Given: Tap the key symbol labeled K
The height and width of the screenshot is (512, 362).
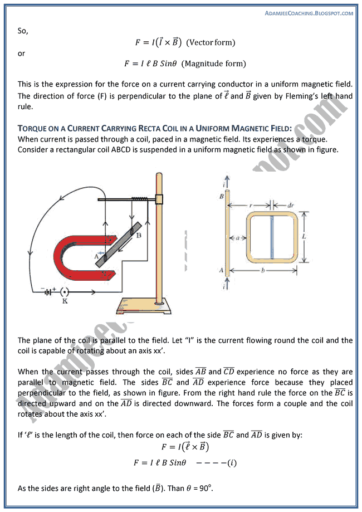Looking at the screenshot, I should coord(65,291).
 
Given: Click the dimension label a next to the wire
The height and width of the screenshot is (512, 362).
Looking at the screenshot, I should coord(237,238).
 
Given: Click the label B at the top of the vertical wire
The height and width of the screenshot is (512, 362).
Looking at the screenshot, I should coord(221,196).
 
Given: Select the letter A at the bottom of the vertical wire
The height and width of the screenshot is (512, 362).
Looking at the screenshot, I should coord(221,270).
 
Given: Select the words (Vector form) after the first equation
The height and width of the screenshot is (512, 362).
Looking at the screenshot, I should coord(211,42).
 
